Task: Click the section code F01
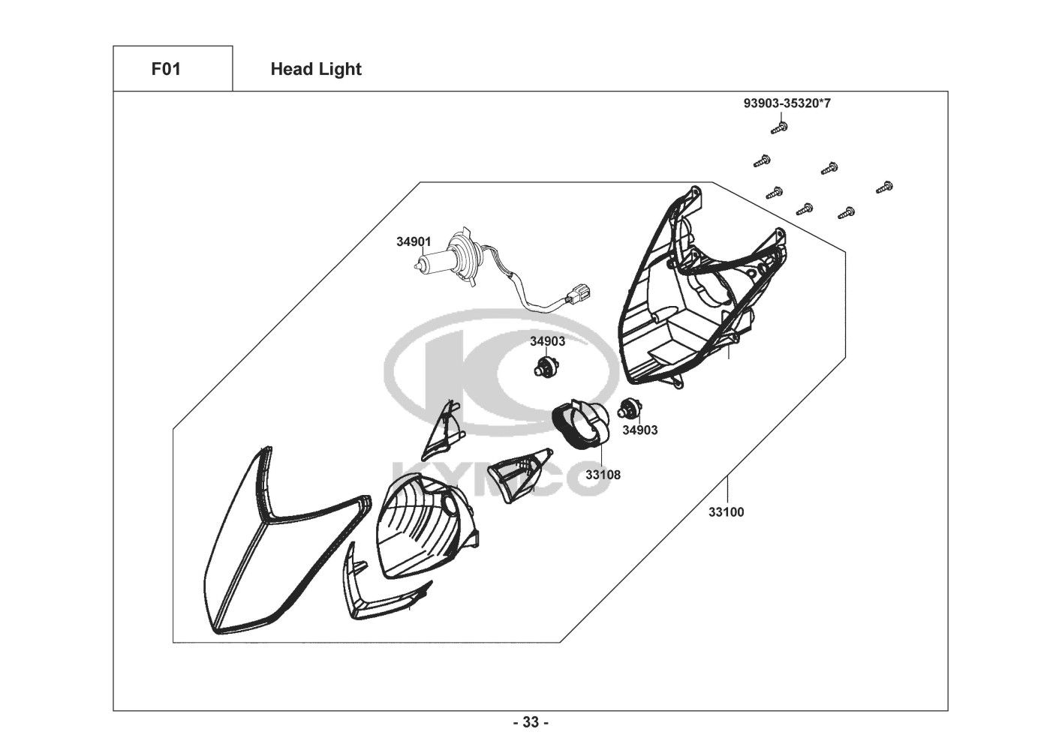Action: (x=166, y=69)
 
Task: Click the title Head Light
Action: (x=315, y=69)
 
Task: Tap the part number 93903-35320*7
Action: (x=787, y=103)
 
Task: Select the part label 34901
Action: (x=414, y=241)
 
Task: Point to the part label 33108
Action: (x=603, y=475)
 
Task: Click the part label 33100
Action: (x=726, y=512)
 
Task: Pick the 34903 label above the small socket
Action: (x=547, y=341)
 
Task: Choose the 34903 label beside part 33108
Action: (x=639, y=430)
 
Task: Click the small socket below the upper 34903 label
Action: (x=546, y=367)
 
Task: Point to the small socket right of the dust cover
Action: (x=629, y=409)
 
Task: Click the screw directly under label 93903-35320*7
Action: (x=778, y=128)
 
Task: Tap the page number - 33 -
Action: (x=530, y=723)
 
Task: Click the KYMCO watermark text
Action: (x=499, y=480)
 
